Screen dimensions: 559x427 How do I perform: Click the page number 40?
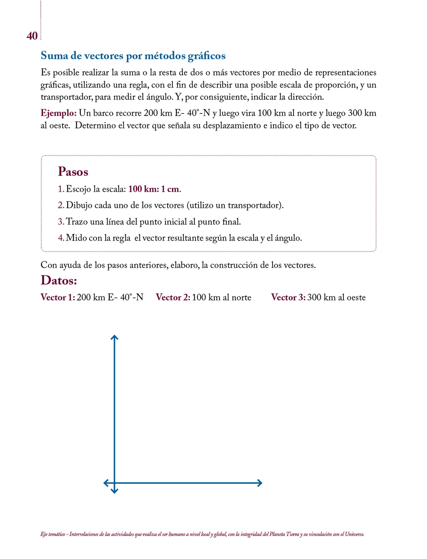tap(32, 36)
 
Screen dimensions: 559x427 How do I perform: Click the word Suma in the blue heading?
tap(55, 56)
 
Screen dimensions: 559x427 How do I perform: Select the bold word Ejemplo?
tap(58, 113)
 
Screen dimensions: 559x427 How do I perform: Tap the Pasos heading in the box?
tap(73, 172)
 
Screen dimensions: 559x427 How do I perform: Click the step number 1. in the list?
tap(61, 189)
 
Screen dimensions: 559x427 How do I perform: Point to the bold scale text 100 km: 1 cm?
tap(154, 189)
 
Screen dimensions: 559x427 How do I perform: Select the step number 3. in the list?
tap(61, 221)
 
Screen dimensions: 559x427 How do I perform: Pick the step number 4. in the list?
tap(61, 238)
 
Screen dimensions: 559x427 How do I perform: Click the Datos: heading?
tap(59, 280)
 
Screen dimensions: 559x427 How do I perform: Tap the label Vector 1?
tap(58, 297)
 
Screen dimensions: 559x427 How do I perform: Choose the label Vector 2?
tap(173, 297)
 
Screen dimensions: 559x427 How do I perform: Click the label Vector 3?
tap(288, 297)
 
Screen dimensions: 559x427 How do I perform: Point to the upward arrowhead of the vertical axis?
tap(114, 337)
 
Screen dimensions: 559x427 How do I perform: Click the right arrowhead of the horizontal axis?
tap(260, 483)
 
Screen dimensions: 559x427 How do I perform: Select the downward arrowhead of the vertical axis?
tap(114, 491)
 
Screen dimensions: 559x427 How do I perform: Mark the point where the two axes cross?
tap(114, 483)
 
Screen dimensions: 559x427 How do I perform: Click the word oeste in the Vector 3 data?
tap(356, 297)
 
